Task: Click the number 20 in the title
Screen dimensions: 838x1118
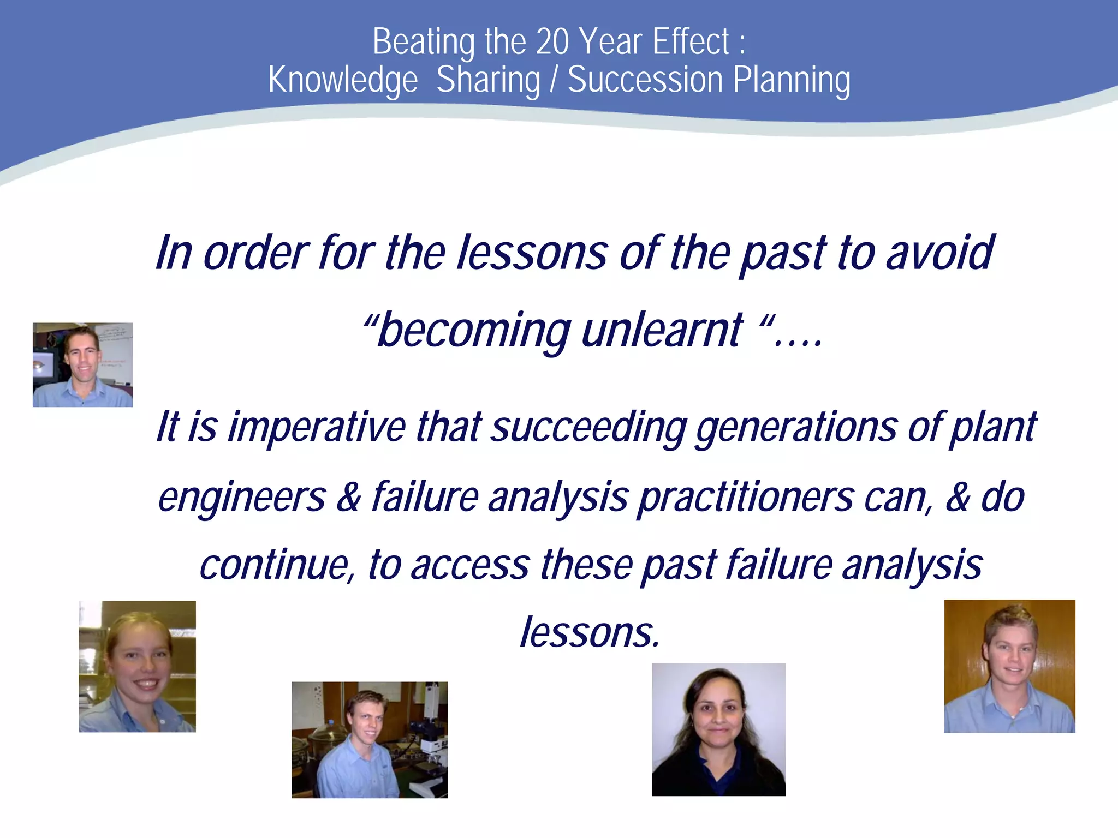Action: [552, 42]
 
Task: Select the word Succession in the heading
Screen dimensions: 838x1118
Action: [645, 80]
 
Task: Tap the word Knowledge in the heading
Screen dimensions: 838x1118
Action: [343, 80]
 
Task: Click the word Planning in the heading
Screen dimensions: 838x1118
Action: [792, 80]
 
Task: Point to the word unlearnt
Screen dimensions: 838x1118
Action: [662, 331]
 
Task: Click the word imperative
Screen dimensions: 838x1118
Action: [317, 427]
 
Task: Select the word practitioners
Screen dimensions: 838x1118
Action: [746, 498]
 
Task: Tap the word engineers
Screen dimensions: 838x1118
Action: [242, 498]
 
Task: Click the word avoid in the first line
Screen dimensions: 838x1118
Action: [940, 253]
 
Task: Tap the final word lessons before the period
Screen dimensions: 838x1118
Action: [587, 633]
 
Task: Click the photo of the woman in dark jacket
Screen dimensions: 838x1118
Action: [718, 729]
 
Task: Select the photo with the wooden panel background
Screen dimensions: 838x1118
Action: [1009, 666]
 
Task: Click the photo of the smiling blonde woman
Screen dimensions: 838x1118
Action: [137, 666]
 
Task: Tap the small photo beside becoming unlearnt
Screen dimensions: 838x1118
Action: [82, 364]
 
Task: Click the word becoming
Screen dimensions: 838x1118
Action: [473, 331]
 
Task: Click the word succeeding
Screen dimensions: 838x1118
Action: [588, 427]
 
